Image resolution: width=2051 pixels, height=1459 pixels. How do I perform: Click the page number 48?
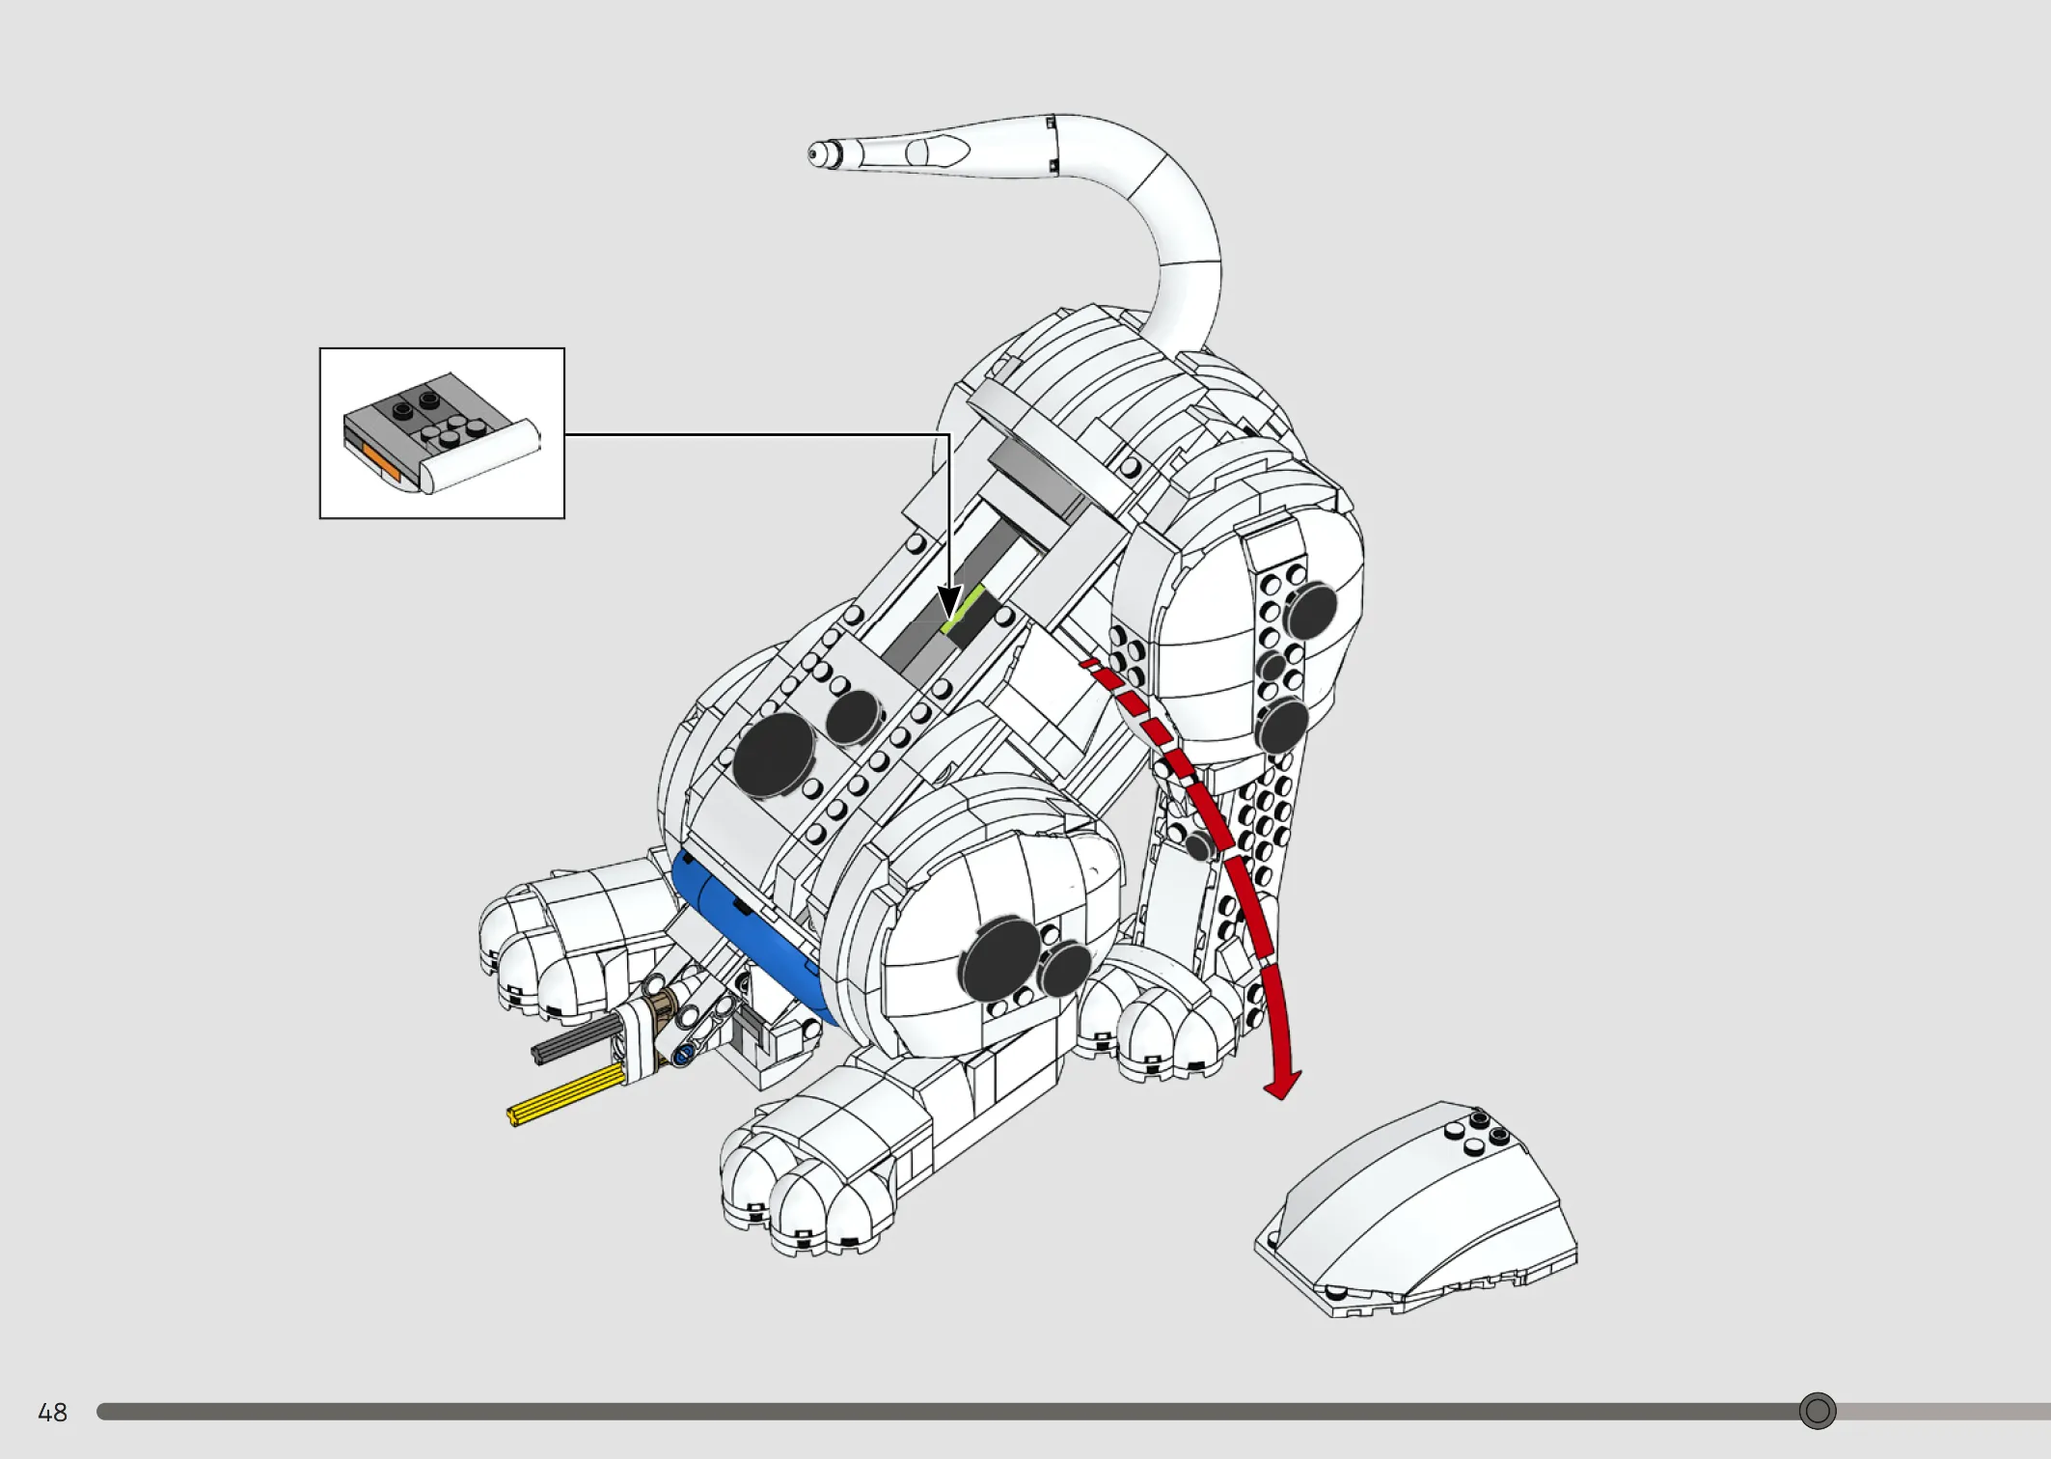click(x=52, y=1413)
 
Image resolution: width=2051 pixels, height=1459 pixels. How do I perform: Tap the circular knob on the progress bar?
click(x=1818, y=1411)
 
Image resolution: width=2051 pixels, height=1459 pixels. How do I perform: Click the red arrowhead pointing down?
click(x=1282, y=1085)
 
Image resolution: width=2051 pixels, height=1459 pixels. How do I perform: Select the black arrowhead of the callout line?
click(x=949, y=600)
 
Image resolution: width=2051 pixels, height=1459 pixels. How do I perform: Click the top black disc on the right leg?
click(x=1311, y=612)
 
